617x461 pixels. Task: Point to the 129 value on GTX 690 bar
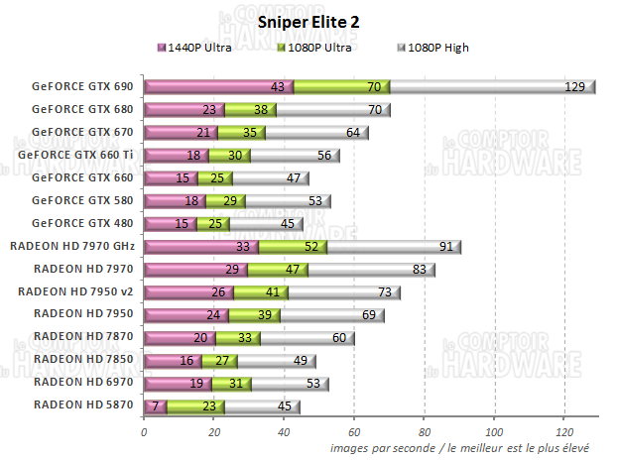point(574,87)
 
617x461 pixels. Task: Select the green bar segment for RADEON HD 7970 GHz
point(293,246)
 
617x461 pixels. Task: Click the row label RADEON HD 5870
point(84,404)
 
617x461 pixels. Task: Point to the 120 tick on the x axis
point(564,431)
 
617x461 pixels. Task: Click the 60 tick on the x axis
point(354,431)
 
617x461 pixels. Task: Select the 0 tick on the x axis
point(145,431)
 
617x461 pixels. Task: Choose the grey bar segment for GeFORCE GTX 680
point(327,110)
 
